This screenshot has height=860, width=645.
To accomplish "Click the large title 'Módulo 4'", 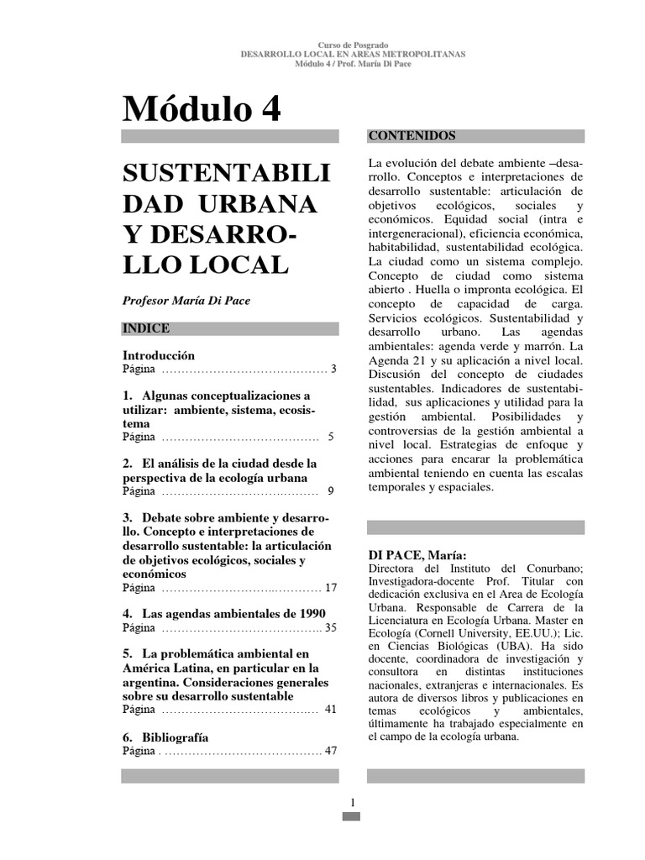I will click(202, 108).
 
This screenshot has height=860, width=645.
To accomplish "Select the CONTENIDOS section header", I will click(412, 135).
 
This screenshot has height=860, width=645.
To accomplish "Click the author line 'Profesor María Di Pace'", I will click(186, 301).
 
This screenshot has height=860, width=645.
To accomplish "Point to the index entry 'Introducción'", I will click(159, 355).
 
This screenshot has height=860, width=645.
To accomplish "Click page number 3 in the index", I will click(333, 369).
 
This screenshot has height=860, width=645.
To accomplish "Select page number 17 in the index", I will click(330, 587).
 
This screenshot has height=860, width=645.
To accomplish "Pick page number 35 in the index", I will click(330, 627).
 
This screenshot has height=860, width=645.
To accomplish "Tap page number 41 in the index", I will click(330, 710).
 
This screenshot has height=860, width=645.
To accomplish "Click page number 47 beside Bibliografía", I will click(330, 750).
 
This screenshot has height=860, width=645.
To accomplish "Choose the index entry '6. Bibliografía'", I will click(165, 737).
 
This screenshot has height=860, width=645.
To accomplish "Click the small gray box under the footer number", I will click(352, 815).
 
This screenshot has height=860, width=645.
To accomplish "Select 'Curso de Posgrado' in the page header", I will click(352, 44).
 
